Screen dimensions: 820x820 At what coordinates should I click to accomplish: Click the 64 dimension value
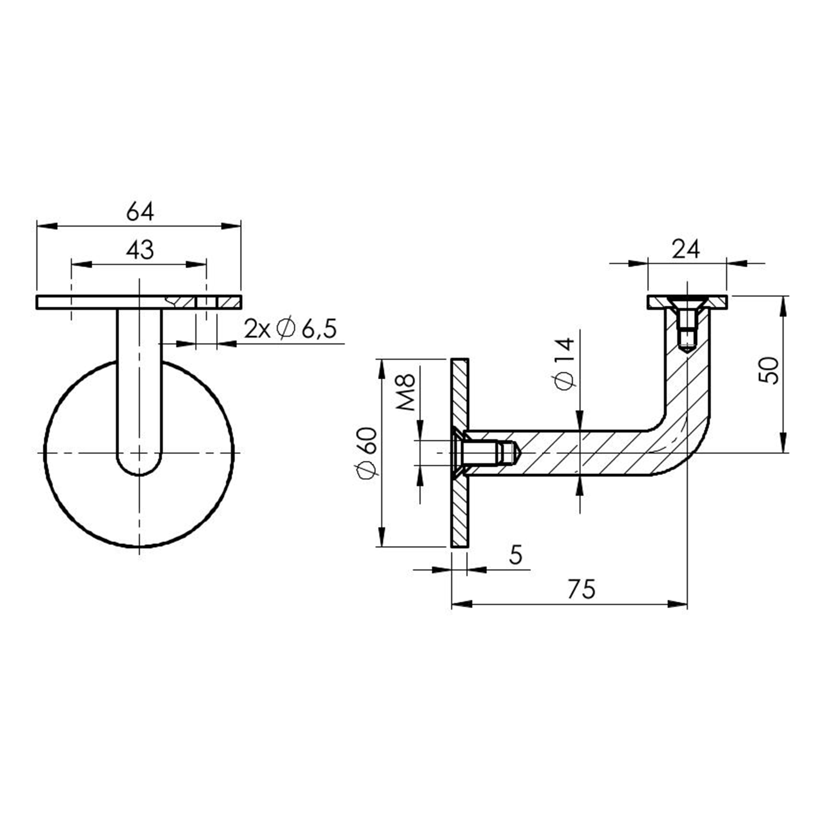[x=140, y=212]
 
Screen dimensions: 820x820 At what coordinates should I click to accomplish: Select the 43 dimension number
[x=140, y=250]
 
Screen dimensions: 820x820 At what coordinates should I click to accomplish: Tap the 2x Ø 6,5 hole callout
[x=290, y=329]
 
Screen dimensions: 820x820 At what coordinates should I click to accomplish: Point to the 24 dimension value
[x=686, y=249]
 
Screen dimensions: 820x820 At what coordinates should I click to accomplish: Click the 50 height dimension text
[x=769, y=370]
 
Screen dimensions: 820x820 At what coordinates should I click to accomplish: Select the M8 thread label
[x=406, y=392]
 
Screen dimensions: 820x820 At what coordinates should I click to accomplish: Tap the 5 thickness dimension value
[x=516, y=555]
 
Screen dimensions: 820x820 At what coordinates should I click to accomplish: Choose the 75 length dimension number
[x=582, y=589]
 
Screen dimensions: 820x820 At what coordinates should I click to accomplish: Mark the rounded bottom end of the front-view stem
[x=139, y=468]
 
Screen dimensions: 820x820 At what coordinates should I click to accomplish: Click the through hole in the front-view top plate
[x=206, y=302]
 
